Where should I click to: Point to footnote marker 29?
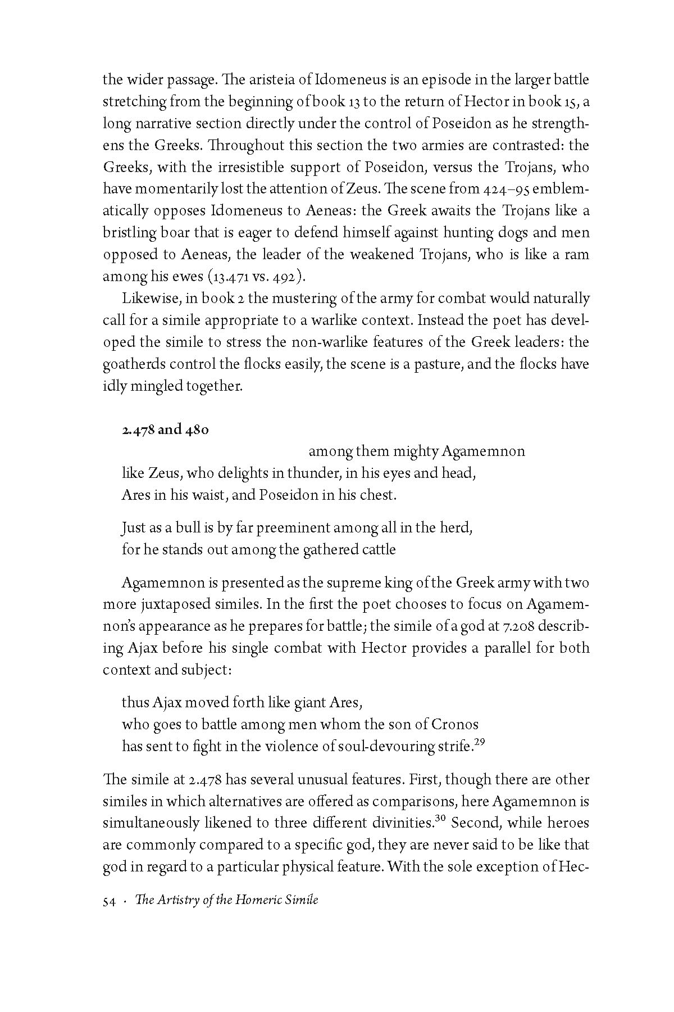tap(479, 742)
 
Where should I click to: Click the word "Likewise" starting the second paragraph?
tap(144, 299)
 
